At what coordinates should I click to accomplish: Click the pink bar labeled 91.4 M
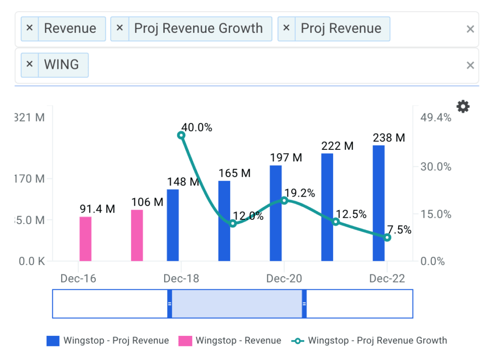click(85, 239)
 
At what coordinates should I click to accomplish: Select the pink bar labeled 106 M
click(137, 236)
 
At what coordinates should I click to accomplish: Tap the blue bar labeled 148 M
click(173, 226)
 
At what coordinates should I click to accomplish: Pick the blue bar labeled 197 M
click(275, 213)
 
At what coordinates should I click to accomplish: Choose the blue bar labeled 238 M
click(378, 203)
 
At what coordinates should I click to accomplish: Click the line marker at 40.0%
click(181, 135)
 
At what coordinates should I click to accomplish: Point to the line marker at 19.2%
click(284, 200)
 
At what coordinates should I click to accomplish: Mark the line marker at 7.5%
click(387, 237)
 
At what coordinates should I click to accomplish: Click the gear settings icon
click(463, 107)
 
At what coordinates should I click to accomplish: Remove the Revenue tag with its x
click(29, 28)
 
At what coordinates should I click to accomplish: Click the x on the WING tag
click(29, 64)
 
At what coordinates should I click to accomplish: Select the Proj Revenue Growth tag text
click(198, 28)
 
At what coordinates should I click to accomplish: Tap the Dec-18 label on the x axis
click(181, 279)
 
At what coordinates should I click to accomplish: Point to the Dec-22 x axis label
click(387, 279)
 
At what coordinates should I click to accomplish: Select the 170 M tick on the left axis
click(29, 179)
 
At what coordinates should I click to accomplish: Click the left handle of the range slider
click(169, 304)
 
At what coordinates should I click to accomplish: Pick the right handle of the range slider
click(304, 304)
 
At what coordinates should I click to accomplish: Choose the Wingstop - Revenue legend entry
click(230, 341)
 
